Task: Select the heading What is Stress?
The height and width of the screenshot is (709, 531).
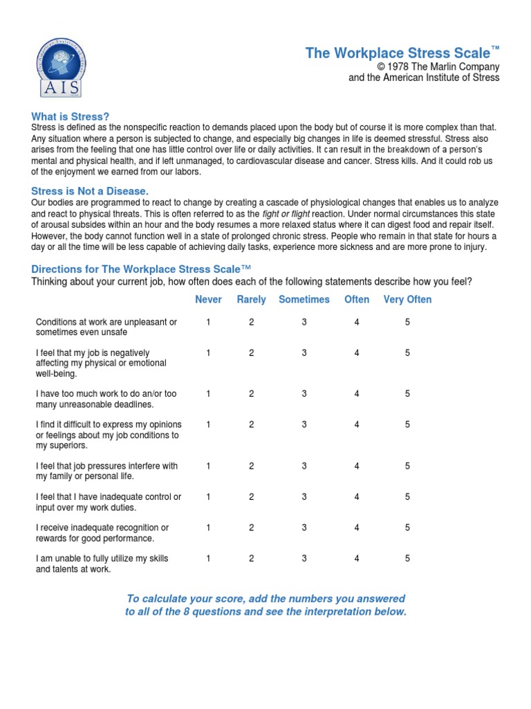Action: point(71,116)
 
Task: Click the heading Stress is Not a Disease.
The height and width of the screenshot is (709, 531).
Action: point(90,190)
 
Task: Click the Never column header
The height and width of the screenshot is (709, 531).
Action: point(209,300)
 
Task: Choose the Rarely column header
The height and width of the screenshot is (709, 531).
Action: point(251,300)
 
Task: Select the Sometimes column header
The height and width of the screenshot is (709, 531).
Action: point(304,300)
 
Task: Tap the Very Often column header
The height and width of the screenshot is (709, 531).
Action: point(407,300)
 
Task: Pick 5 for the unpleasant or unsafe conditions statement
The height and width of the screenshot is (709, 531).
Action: point(408,322)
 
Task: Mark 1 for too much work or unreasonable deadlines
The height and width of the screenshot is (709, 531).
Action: point(208,394)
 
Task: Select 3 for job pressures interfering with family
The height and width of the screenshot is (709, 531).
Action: point(304,466)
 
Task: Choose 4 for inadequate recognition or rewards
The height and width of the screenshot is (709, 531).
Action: point(357,528)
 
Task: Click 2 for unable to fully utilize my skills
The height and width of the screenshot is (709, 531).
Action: point(252,558)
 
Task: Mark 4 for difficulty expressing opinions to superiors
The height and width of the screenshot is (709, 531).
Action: point(357,424)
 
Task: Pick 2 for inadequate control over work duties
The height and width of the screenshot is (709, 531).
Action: point(252,496)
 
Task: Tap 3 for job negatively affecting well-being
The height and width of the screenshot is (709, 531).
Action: point(304,352)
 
